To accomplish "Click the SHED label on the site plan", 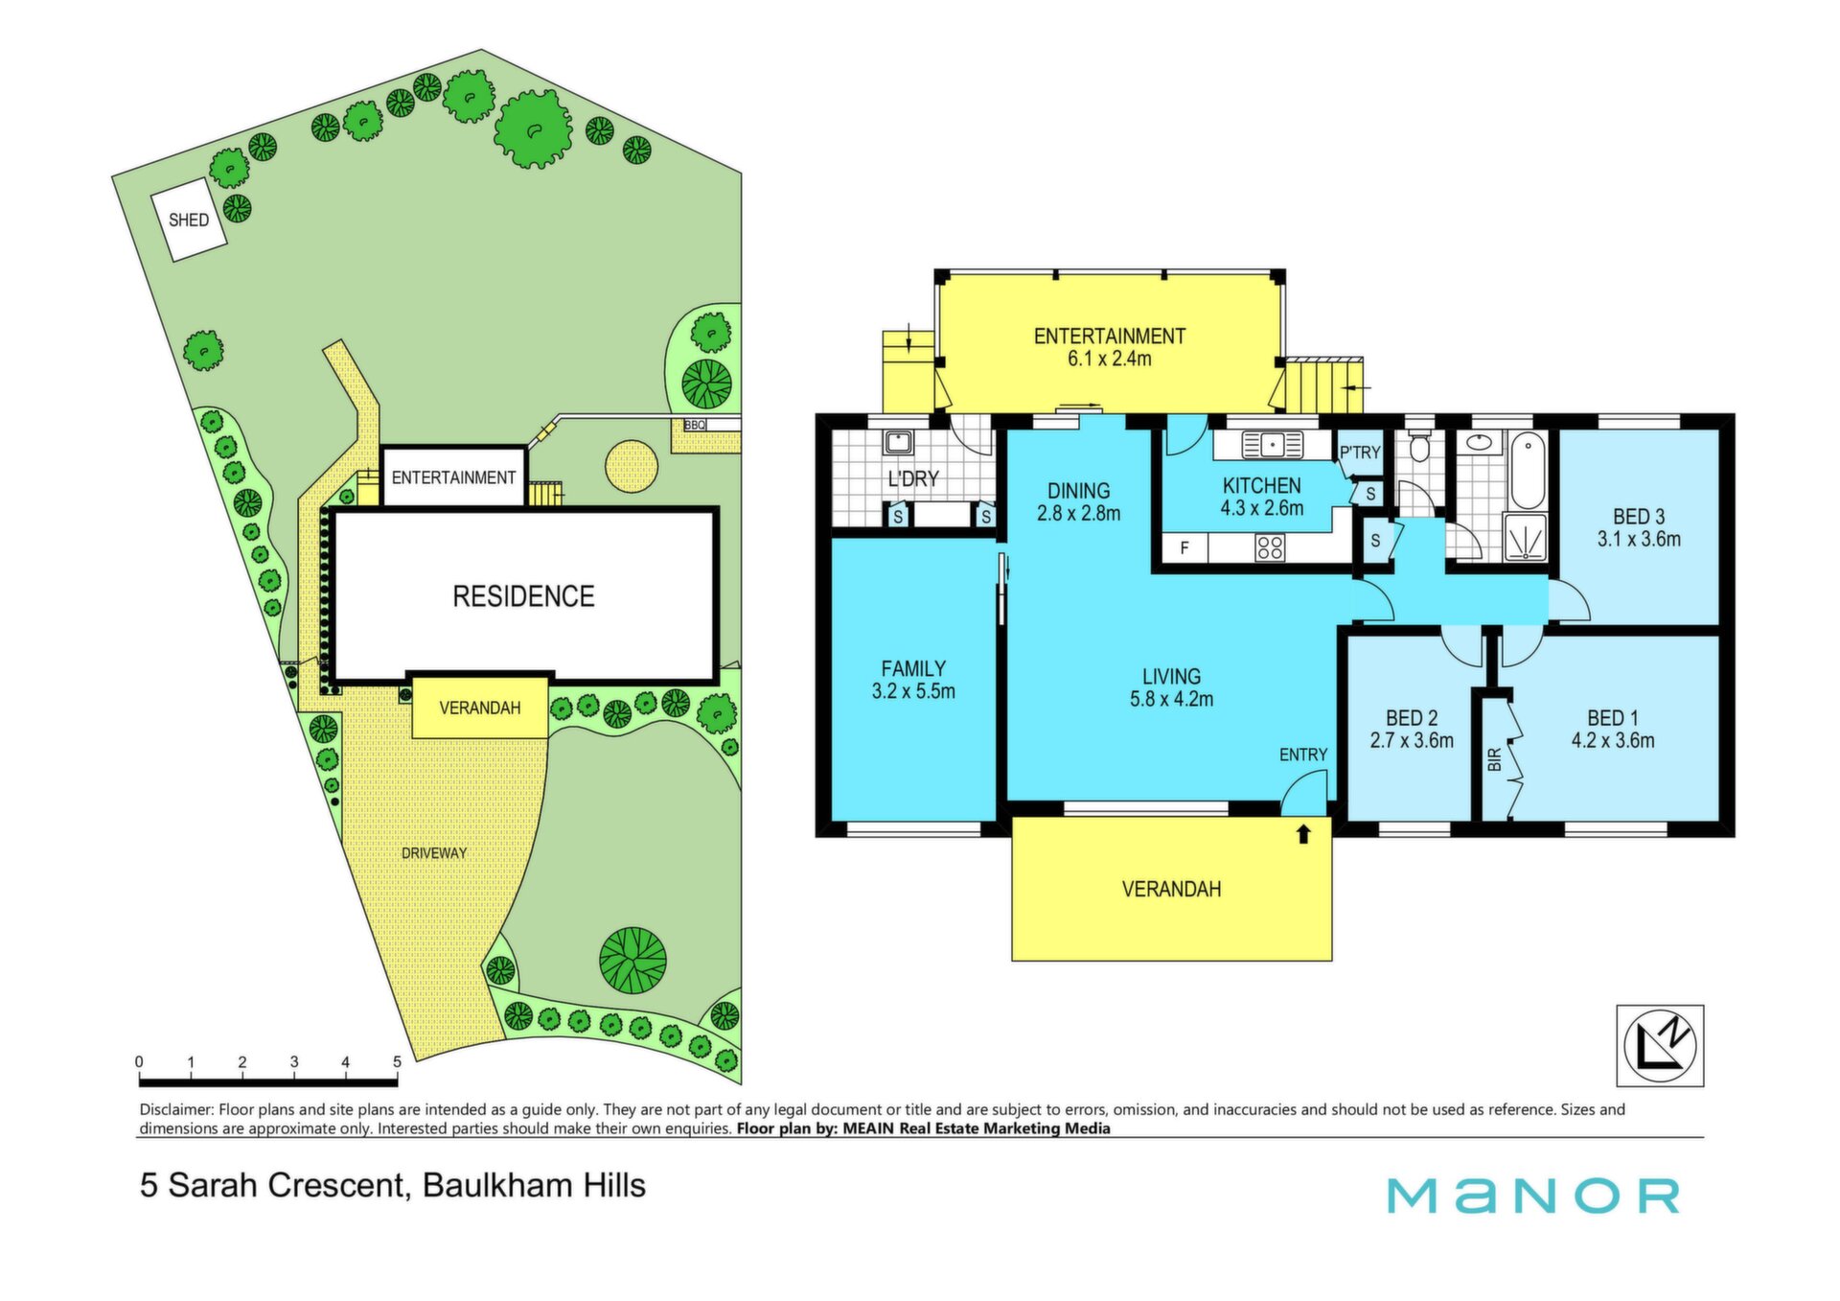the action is [x=189, y=220].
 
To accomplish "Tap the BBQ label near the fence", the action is [x=695, y=425].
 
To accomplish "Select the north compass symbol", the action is [x=1660, y=1045].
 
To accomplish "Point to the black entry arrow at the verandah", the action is [x=1303, y=834].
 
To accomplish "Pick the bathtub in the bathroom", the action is [x=1528, y=470].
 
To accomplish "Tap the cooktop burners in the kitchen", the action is [x=1270, y=547].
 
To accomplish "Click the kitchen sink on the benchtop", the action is [x=1273, y=445].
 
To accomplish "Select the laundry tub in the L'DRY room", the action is [x=898, y=442].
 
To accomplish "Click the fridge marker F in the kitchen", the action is [x=1184, y=548].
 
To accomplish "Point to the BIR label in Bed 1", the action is [x=1494, y=760].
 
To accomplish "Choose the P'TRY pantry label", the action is [x=1360, y=453].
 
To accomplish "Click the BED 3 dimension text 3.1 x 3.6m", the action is [x=1639, y=539].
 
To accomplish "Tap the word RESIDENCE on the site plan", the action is [x=523, y=596].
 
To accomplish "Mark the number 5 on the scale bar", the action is [x=397, y=1062].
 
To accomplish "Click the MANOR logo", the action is [x=1533, y=1196].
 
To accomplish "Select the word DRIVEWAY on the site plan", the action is [x=434, y=853].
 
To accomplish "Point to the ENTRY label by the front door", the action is [x=1303, y=755].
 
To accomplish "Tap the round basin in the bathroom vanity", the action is [x=1481, y=443].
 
